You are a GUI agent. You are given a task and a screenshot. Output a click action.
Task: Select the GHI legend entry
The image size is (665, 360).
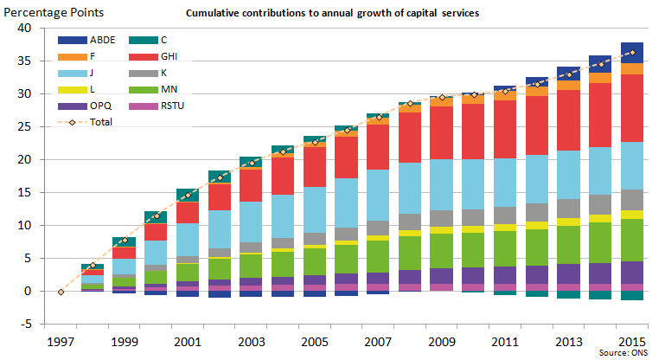click(x=162, y=56)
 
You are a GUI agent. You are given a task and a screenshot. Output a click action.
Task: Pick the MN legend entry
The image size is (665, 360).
click(x=161, y=89)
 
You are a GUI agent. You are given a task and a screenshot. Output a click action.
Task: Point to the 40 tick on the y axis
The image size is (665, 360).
click(x=25, y=29)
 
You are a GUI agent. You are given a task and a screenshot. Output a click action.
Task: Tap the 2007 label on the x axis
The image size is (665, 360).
click(x=379, y=341)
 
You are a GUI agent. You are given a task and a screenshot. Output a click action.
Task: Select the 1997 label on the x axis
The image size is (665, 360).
click(x=61, y=341)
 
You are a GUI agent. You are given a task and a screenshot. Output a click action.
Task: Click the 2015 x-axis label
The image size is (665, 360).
click(x=632, y=341)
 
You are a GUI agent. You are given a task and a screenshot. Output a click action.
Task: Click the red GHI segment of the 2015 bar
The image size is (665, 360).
click(x=632, y=108)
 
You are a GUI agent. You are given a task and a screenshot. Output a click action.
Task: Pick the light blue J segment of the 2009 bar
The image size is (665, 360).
click(x=442, y=184)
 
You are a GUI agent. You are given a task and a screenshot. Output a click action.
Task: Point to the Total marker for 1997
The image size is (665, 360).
click(x=61, y=292)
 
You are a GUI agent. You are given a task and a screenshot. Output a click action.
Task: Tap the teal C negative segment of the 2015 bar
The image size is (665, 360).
click(x=632, y=295)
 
